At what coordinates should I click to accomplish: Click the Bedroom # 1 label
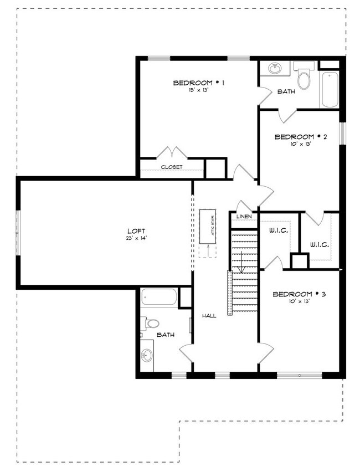point(198,83)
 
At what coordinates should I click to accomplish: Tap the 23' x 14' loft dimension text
point(136,238)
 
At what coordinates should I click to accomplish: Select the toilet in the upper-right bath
point(304,76)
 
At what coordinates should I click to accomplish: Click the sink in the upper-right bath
point(275,68)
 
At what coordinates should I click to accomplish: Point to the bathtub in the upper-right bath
point(330,89)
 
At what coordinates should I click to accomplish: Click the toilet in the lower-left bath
point(151,324)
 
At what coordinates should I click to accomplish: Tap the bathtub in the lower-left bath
point(159,297)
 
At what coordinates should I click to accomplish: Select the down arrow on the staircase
point(241,262)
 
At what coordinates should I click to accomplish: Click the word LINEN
point(244,217)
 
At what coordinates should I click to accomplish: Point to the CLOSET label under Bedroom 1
point(172,167)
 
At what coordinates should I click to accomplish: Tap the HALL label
point(209,316)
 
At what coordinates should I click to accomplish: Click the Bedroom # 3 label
point(299,294)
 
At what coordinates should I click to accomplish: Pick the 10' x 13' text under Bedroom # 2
point(300,144)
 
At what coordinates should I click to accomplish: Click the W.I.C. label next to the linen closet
point(279,231)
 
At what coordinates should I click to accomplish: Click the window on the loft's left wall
point(18,233)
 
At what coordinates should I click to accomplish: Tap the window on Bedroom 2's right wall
point(342,134)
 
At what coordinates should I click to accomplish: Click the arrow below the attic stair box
point(209,250)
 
